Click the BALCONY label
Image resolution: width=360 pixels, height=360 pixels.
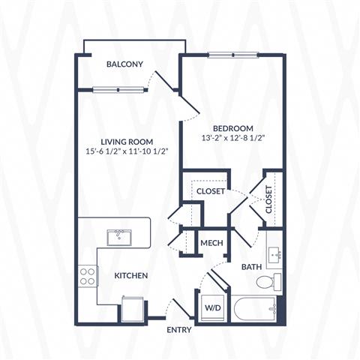[x=124, y=64]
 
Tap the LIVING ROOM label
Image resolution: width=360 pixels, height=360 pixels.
[x=127, y=142]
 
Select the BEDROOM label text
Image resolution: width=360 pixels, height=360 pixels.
[x=233, y=128]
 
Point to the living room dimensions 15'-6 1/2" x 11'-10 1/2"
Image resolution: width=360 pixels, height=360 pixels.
[x=127, y=151]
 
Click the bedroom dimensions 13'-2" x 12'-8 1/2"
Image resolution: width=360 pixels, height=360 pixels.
[x=233, y=138]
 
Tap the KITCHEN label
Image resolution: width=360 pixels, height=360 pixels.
[x=131, y=275]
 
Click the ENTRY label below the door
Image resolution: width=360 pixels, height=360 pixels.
[x=179, y=330]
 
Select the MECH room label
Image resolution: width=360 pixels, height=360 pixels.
[x=211, y=243]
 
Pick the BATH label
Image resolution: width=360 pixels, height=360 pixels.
[x=251, y=267]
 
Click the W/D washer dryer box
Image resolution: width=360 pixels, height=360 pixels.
[x=213, y=307]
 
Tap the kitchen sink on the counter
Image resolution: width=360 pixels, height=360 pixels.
[x=119, y=238]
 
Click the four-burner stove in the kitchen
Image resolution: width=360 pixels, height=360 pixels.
[x=88, y=276]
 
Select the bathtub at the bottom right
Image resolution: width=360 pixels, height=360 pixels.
[x=253, y=309]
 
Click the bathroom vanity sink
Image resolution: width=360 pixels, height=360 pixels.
[x=274, y=253]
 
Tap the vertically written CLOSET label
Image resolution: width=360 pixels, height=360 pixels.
[x=268, y=199]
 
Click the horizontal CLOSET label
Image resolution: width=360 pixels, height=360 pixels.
[x=211, y=191]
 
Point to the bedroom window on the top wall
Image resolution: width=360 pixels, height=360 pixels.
[x=233, y=55]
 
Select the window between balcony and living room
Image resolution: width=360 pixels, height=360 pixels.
[x=118, y=89]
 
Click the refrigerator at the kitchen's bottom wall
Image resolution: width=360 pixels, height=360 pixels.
[x=133, y=309]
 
